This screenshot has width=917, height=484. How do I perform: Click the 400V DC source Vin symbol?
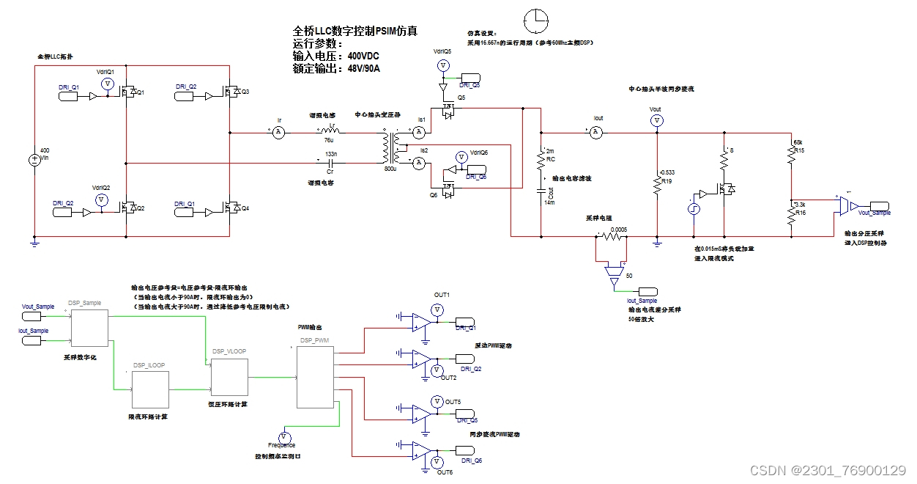[34, 160]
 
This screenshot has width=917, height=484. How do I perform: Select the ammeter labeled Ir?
[278, 133]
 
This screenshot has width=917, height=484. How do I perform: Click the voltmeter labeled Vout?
[656, 120]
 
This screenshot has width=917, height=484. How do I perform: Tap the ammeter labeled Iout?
[596, 133]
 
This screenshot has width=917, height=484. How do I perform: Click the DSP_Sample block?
[89, 326]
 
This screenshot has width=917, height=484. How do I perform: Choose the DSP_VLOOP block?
[230, 377]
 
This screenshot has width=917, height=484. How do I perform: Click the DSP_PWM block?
[315, 378]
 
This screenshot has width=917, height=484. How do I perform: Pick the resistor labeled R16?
[791, 215]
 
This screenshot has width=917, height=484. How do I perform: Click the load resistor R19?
[657, 184]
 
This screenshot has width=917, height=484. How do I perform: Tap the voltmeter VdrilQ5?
[442, 66]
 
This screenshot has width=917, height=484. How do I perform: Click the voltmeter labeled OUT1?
[437, 309]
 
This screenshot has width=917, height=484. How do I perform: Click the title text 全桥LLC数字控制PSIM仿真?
[355, 32]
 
